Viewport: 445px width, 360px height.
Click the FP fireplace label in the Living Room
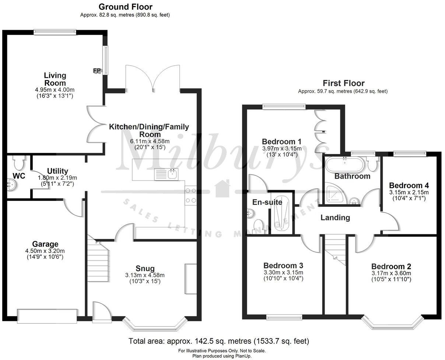coord(97,70)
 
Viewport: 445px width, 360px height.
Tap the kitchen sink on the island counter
coord(166,174)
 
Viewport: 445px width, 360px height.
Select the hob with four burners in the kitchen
coord(191,195)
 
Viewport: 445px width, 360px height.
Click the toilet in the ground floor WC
coord(17,161)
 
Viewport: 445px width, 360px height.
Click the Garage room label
coord(45,244)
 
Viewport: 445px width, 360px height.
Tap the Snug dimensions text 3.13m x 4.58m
coord(144,275)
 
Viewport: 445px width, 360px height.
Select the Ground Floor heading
coord(125,7)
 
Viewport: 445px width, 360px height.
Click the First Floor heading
coord(343,83)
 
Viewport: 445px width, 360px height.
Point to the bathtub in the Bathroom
coord(344,163)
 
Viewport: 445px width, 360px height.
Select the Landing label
coord(335,218)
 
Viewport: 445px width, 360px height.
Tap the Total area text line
coord(218,341)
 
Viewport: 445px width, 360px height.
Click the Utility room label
coord(57,171)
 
